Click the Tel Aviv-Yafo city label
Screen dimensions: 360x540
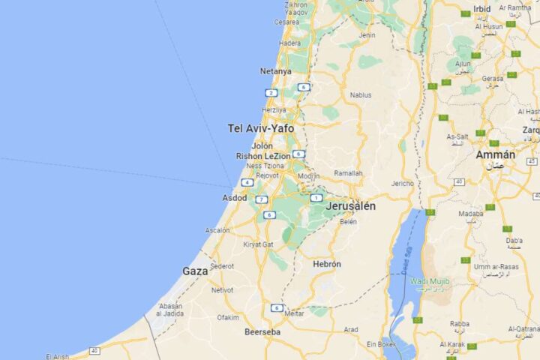tap(260, 128)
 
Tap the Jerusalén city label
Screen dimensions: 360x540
tap(351, 205)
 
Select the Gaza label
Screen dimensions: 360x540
tap(195, 271)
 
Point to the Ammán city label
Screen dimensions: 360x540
tap(495, 155)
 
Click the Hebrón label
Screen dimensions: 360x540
tap(326, 264)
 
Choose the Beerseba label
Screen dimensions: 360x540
tap(262, 331)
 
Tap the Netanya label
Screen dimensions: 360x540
tap(275, 71)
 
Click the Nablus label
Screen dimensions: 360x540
tap(361, 95)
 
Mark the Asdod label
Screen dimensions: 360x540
tap(234, 198)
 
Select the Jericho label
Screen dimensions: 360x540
tap(402, 183)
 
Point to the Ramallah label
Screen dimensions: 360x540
tap(348, 173)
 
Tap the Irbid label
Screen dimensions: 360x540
tap(482, 9)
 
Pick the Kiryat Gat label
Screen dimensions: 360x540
tap(258, 244)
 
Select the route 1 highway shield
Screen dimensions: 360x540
tap(316, 198)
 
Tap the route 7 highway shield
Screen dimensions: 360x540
tap(261, 199)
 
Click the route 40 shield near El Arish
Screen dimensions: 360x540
tap(94, 350)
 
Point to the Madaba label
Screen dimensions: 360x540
tap(471, 214)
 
